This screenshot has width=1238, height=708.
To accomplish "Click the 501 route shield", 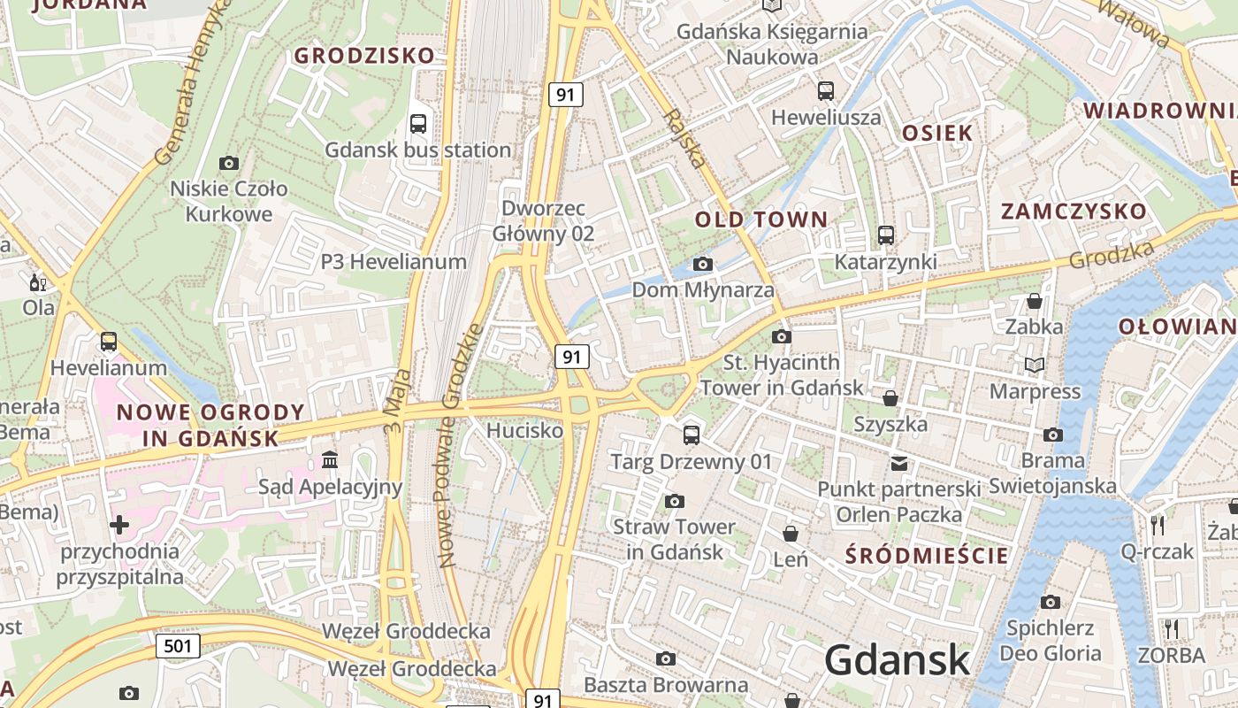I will (178, 646).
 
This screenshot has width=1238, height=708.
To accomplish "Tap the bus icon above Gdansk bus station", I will (418, 124).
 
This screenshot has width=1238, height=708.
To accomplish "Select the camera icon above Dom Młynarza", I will (703, 264).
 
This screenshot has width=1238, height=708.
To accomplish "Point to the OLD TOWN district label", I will (761, 219).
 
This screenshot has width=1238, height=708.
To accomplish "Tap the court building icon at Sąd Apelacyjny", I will (330, 460).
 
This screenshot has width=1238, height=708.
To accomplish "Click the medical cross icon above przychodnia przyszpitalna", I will (119, 525).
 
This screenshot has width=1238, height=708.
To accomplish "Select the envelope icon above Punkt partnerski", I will (899, 463).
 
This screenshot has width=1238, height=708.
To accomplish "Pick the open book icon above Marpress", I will (1035, 365).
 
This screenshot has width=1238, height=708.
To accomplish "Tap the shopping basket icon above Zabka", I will (1034, 301).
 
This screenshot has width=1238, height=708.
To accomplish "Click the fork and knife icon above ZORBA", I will (1171, 629).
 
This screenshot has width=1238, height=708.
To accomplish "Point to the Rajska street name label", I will (686, 139).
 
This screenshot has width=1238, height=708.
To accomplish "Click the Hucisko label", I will (525, 431).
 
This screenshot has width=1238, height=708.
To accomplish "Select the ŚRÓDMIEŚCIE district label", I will (927, 556).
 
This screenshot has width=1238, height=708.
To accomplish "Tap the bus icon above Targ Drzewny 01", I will (692, 435).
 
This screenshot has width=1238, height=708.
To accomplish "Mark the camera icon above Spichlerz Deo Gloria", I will (1051, 603).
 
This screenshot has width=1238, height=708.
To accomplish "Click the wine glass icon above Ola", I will (38, 283).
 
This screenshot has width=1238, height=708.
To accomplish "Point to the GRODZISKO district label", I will (364, 56).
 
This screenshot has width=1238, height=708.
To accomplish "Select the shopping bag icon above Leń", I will (791, 534).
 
